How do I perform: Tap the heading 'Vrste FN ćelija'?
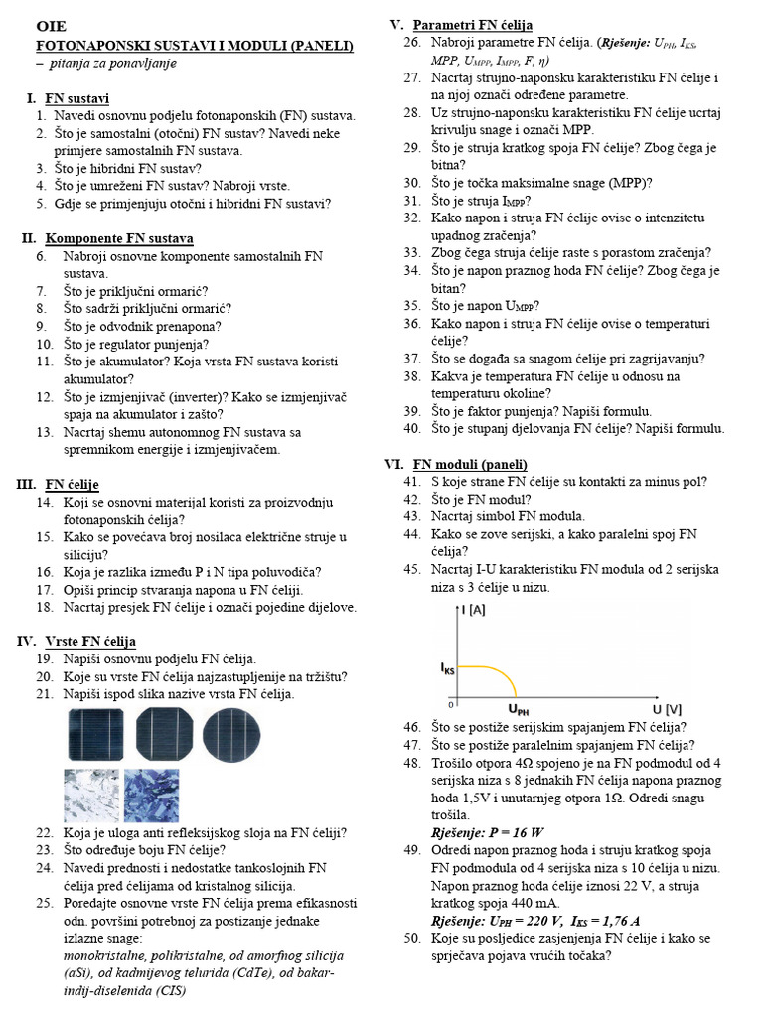[91, 641]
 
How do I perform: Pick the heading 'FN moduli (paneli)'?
[470, 464]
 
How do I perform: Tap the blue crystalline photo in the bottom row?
[163, 794]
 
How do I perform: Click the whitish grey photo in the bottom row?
[93, 794]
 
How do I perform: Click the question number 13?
[44, 432]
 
